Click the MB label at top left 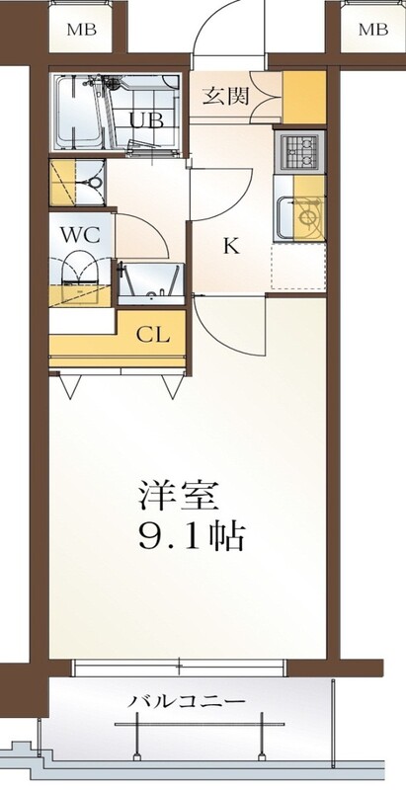pos(82,30)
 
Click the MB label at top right pos(373,30)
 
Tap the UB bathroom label pos(146,120)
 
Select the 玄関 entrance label pos(226,96)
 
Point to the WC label pos(80,234)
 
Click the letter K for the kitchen pos(231,246)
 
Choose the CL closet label pos(154,335)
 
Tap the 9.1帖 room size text pos(192,537)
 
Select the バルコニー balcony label pos(187,701)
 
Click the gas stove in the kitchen pos(299,151)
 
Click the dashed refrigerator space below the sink pos(298,267)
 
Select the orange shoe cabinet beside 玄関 pos(304,98)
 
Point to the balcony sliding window pos(180,668)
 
